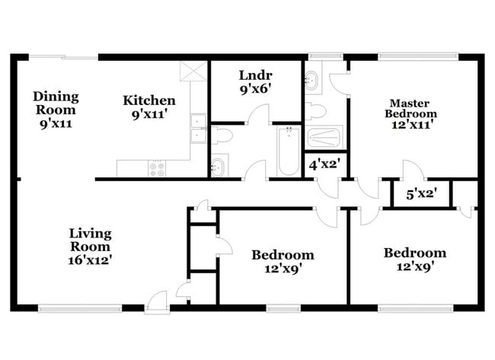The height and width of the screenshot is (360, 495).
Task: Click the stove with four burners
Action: coord(158,169)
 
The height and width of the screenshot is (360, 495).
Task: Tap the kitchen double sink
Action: coord(199,128)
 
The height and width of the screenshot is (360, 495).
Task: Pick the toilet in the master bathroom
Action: coord(315,112)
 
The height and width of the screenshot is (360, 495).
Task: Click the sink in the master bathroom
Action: coord(313,82)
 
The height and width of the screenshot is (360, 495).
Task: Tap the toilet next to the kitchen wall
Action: coord(222,135)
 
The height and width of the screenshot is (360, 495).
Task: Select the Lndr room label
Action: coord(255,76)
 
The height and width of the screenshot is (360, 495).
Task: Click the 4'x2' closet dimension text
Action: coord(323,163)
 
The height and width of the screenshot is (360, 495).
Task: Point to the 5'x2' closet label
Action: coord(420,193)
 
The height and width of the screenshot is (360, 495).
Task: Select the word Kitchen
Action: coord(150,100)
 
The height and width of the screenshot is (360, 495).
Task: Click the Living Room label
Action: coord(90,240)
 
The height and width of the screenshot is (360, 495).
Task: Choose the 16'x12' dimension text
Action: coord(90,260)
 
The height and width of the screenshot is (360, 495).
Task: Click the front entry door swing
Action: coord(157,301)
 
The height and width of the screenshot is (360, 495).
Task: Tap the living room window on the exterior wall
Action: coord(79,308)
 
